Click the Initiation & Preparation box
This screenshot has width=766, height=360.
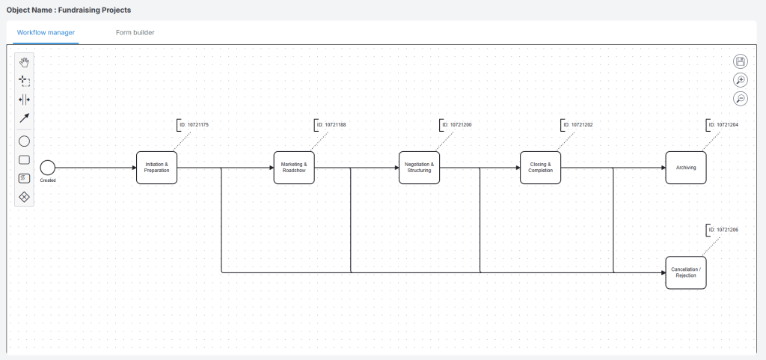click(156, 168)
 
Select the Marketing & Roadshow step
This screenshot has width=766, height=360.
click(294, 168)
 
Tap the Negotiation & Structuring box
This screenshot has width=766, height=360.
click(419, 168)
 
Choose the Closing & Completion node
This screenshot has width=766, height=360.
click(540, 168)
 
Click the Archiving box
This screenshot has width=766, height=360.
click(685, 168)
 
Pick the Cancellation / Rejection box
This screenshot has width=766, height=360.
click(685, 272)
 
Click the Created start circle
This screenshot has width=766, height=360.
click(48, 168)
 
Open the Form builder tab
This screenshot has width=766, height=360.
click(135, 33)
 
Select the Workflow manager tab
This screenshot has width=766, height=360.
click(46, 33)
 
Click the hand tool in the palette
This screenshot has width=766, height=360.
click(24, 61)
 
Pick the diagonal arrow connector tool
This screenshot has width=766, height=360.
click(24, 118)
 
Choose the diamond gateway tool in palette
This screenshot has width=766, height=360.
click(24, 197)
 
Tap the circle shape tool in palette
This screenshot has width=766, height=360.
click(24, 141)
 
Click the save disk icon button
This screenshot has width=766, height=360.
click(740, 61)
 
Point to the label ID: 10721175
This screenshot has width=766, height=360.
click(194, 124)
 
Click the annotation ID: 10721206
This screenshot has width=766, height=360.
click(723, 230)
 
